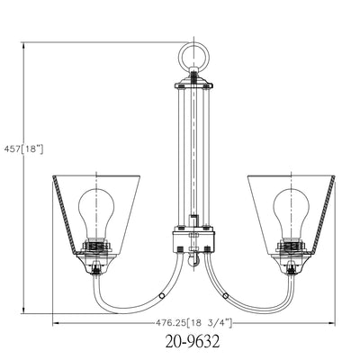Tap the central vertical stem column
click(x=193, y=153)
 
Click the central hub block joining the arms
click(x=193, y=241)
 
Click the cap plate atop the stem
click(x=193, y=84)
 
